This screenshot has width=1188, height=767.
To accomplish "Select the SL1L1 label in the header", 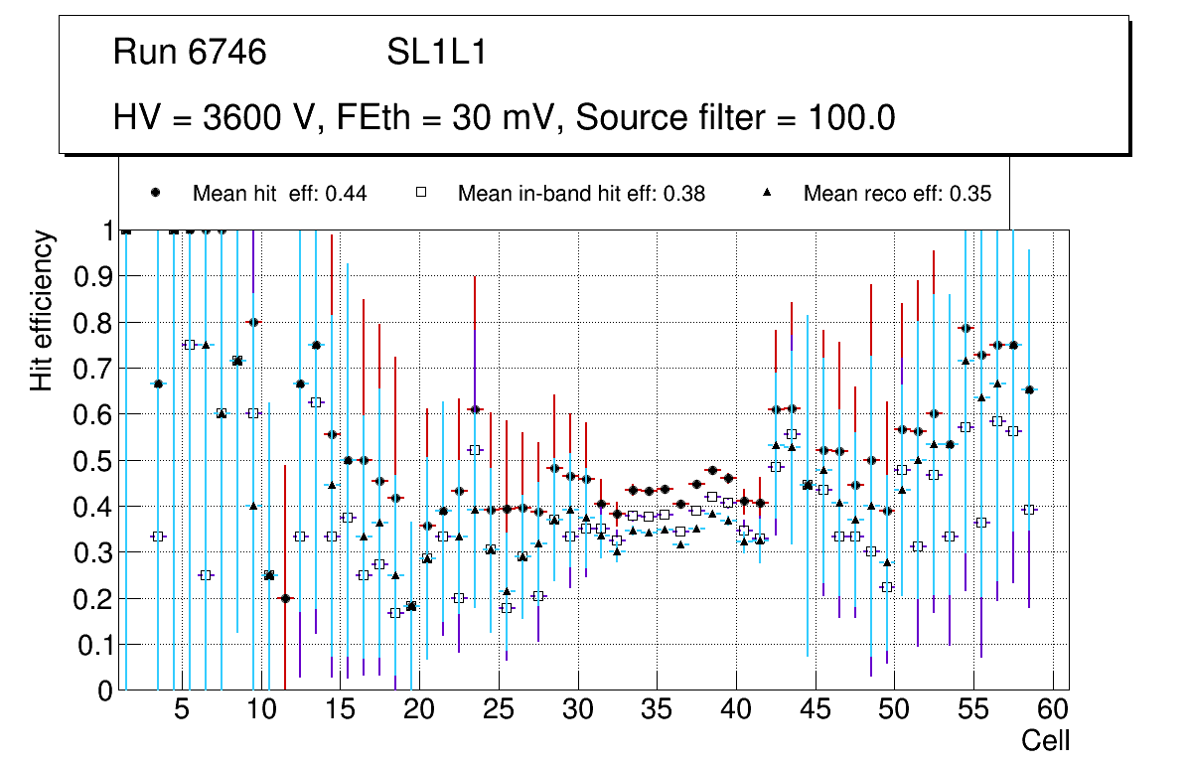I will pos(436,53).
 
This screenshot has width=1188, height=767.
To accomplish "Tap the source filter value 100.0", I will pos(847,118).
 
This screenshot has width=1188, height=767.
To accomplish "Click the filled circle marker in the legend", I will pos(157,194).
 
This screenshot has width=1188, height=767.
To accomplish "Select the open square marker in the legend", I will pos(421,194).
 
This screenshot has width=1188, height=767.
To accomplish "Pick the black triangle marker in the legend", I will pos(767,194).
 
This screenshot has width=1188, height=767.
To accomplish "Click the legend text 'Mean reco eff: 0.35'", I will pos(897,194).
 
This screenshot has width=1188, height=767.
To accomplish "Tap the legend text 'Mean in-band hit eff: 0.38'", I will pos(581,194).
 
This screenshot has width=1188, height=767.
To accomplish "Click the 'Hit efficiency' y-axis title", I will pos(42,310).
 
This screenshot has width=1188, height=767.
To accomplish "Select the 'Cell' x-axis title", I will pos(1045,740).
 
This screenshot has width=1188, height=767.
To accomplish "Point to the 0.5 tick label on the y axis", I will pos(94,461).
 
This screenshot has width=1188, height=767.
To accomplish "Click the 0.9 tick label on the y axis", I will pos(94,277).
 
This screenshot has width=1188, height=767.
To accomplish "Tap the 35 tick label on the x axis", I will pos(657,710).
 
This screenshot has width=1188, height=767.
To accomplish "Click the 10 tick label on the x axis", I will pos(260,710).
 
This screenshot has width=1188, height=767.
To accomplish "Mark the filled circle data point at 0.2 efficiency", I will pos(285,598).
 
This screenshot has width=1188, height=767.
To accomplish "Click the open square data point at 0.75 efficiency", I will pos(190,345).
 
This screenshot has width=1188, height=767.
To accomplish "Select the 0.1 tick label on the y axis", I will pos(94,645).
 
